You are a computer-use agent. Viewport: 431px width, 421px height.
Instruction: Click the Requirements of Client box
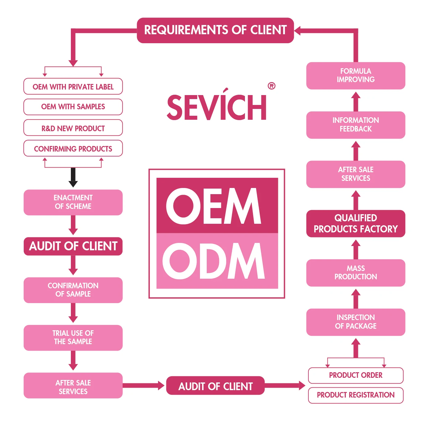[215, 30]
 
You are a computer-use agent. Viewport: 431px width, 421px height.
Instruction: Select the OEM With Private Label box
[73, 86]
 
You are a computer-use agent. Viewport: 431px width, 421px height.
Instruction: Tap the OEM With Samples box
[73, 107]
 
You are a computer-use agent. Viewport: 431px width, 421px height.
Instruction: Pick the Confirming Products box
[73, 148]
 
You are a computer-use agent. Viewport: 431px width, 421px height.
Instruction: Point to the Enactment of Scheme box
[73, 202]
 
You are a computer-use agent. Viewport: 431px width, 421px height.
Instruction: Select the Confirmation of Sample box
[73, 290]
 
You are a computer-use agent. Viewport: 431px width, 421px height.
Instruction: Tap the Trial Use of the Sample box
[73, 337]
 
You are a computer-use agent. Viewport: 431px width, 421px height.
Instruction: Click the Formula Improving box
[356, 76]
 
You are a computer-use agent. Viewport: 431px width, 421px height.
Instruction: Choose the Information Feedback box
[356, 125]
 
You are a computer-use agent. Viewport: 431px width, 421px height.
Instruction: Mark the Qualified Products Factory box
[356, 223]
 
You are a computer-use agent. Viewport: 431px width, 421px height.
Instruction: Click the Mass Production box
[356, 273]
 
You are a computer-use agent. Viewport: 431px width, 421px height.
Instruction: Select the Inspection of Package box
[356, 322]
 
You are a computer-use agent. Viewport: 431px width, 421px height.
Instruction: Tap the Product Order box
[356, 375]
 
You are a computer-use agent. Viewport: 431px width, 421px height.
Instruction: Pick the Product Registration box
[356, 395]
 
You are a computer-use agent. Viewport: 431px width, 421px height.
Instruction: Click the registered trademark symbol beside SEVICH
[271, 86]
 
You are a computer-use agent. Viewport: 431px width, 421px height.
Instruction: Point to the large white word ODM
[213, 261]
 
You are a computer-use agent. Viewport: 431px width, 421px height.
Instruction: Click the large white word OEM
[213, 206]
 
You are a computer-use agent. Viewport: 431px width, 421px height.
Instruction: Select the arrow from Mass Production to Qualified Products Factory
[356, 249]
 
